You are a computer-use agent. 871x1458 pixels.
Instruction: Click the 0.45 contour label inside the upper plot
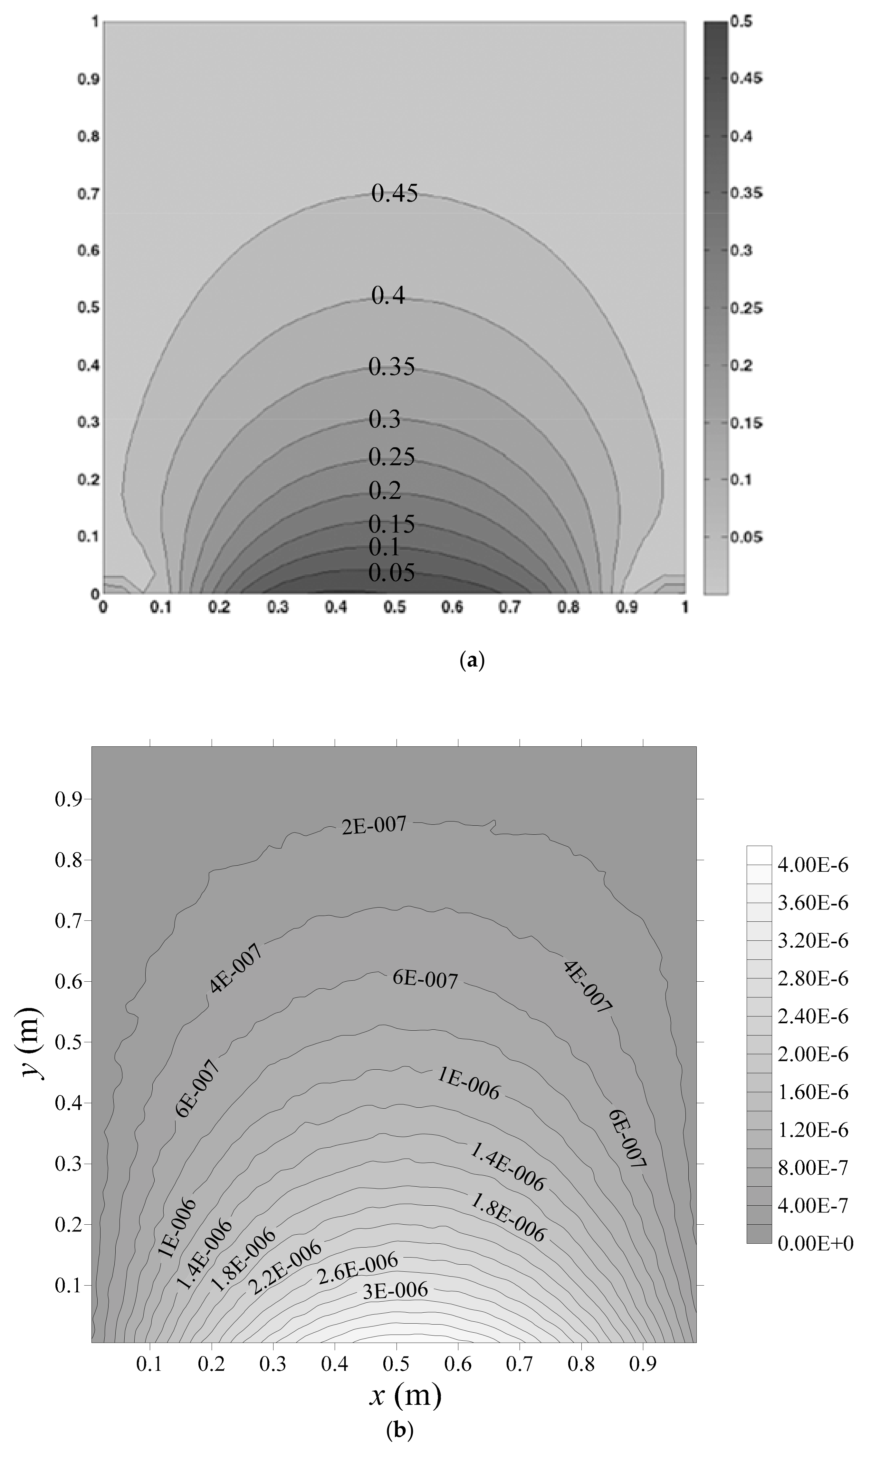pyautogui.click(x=394, y=193)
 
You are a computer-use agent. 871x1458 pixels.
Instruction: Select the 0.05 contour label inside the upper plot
pyautogui.click(x=391, y=572)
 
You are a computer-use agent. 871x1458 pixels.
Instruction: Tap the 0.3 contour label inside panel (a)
pyautogui.click(x=384, y=419)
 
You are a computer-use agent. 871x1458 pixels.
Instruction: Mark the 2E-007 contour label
pyautogui.click(x=374, y=825)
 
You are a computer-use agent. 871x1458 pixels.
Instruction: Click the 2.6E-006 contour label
pyautogui.click(x=358, y=1268)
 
